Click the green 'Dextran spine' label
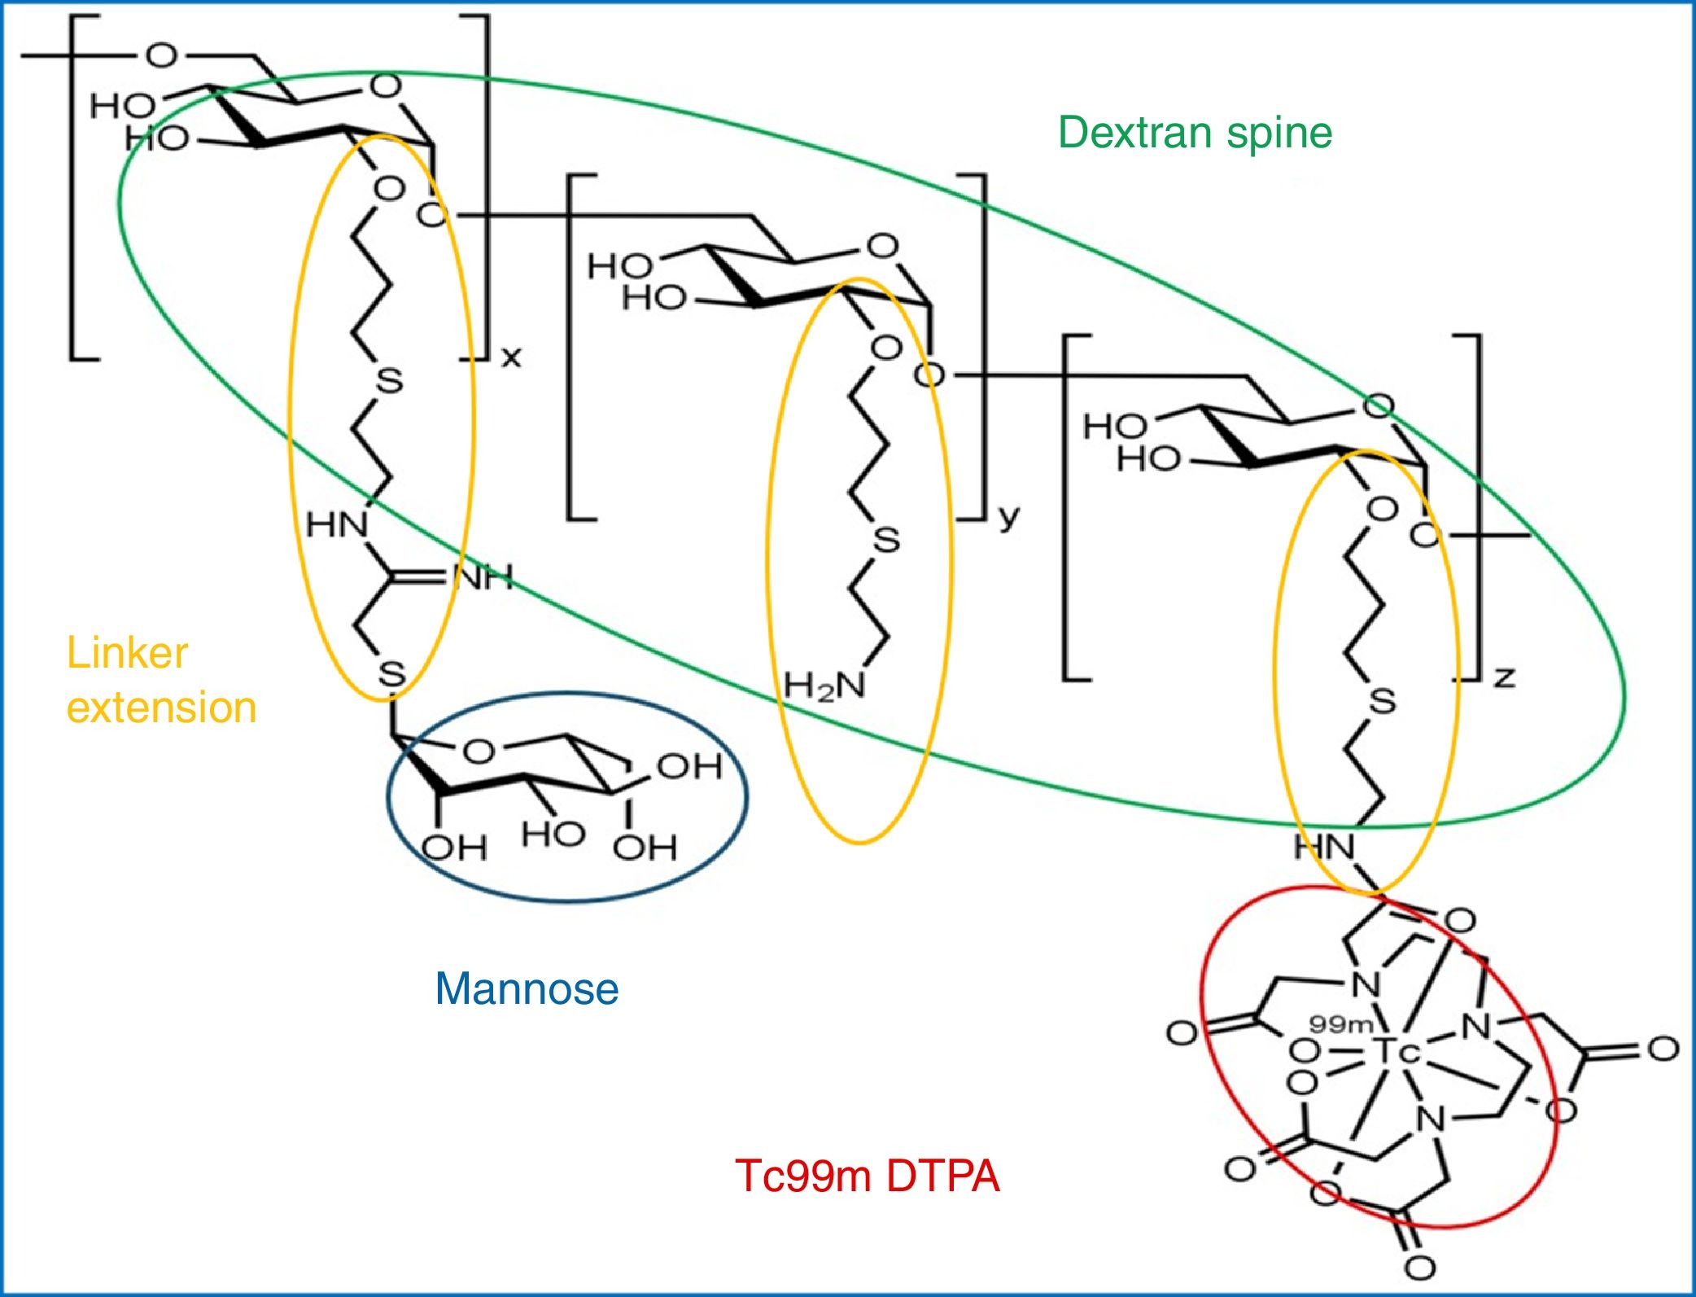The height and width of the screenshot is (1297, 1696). [1195, 132]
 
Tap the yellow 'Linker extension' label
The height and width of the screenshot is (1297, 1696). [161, 680]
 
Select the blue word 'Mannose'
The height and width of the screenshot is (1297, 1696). [527, 989]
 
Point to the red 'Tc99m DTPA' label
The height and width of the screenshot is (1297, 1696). [867, 1176]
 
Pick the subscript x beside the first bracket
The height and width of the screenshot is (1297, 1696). [511, 357]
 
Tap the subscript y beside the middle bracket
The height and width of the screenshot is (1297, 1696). [1008, 516]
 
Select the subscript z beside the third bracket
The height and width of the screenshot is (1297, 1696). [1504, 677]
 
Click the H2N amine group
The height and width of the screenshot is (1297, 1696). [824, 686]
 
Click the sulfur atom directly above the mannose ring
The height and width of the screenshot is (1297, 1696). [391, 674]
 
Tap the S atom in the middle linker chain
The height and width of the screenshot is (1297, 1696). [886, 540]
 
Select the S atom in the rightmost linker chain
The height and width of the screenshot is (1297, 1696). [1382, 701]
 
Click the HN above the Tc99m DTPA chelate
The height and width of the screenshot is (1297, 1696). [1324, 848]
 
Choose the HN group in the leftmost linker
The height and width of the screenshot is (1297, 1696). [337, 525]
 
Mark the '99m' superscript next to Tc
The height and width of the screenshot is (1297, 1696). [1341, 1025]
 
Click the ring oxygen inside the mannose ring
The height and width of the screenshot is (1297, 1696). [479, 751]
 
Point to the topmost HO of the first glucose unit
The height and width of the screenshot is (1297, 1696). [122, 105]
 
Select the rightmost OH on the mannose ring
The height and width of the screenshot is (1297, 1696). [689, 766]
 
